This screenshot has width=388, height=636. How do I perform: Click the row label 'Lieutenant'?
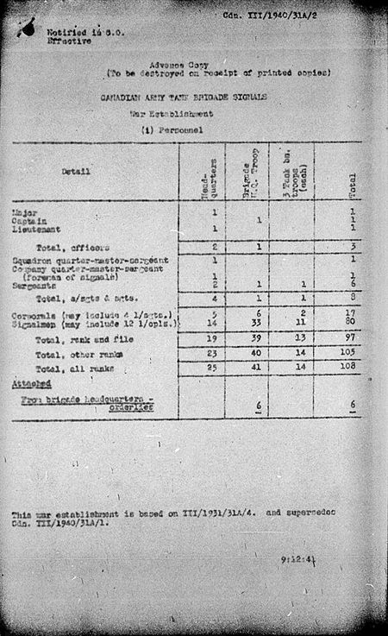click(x=31, y=229)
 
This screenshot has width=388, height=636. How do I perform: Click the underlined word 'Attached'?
click(x=31, y=382)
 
